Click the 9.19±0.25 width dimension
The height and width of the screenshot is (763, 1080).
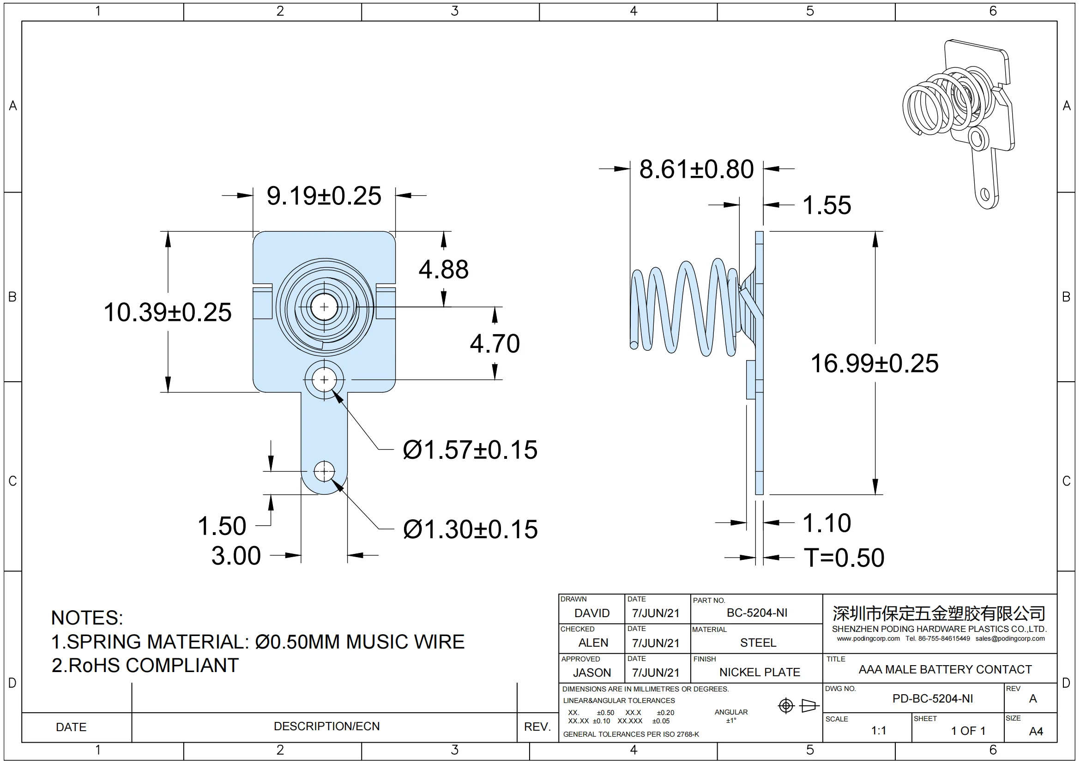324,196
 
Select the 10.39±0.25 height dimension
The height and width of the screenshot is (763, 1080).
168,312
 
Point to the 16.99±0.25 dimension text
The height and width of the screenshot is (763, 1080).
874,363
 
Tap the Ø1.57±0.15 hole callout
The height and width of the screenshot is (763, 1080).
470,450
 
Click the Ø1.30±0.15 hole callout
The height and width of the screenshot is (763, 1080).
470,529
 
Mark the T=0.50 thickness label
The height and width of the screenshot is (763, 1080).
844,558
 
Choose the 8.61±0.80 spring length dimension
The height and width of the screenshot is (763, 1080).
696,169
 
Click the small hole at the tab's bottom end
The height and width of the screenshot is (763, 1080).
324,471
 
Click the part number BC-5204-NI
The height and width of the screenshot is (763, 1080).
757,613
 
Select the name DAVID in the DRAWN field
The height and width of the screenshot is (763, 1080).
592,613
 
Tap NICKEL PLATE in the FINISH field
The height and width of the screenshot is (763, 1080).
759,672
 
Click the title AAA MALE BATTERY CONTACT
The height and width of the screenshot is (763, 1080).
945,669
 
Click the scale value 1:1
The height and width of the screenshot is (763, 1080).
878,731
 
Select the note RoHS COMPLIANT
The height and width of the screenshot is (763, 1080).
145,666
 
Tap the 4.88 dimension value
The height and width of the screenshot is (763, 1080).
444,270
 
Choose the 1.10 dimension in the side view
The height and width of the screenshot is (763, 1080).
827,523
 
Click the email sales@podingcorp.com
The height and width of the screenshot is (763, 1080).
1010,638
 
